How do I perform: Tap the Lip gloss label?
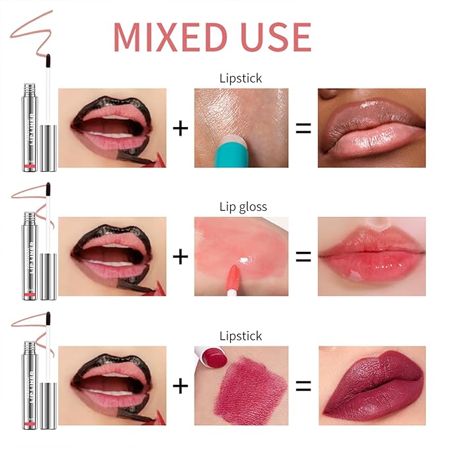[243, 207]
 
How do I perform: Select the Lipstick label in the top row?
[241, 78]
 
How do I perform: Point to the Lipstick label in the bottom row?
[241, 336]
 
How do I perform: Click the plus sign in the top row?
[180, 128]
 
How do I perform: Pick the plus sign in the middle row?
[180, 257]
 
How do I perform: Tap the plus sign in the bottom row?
[180, 386]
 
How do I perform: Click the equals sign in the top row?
[303, 128]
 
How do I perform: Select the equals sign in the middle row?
[303, 257]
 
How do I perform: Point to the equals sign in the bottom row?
[303, 386]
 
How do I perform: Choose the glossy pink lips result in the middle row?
[371, 257]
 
